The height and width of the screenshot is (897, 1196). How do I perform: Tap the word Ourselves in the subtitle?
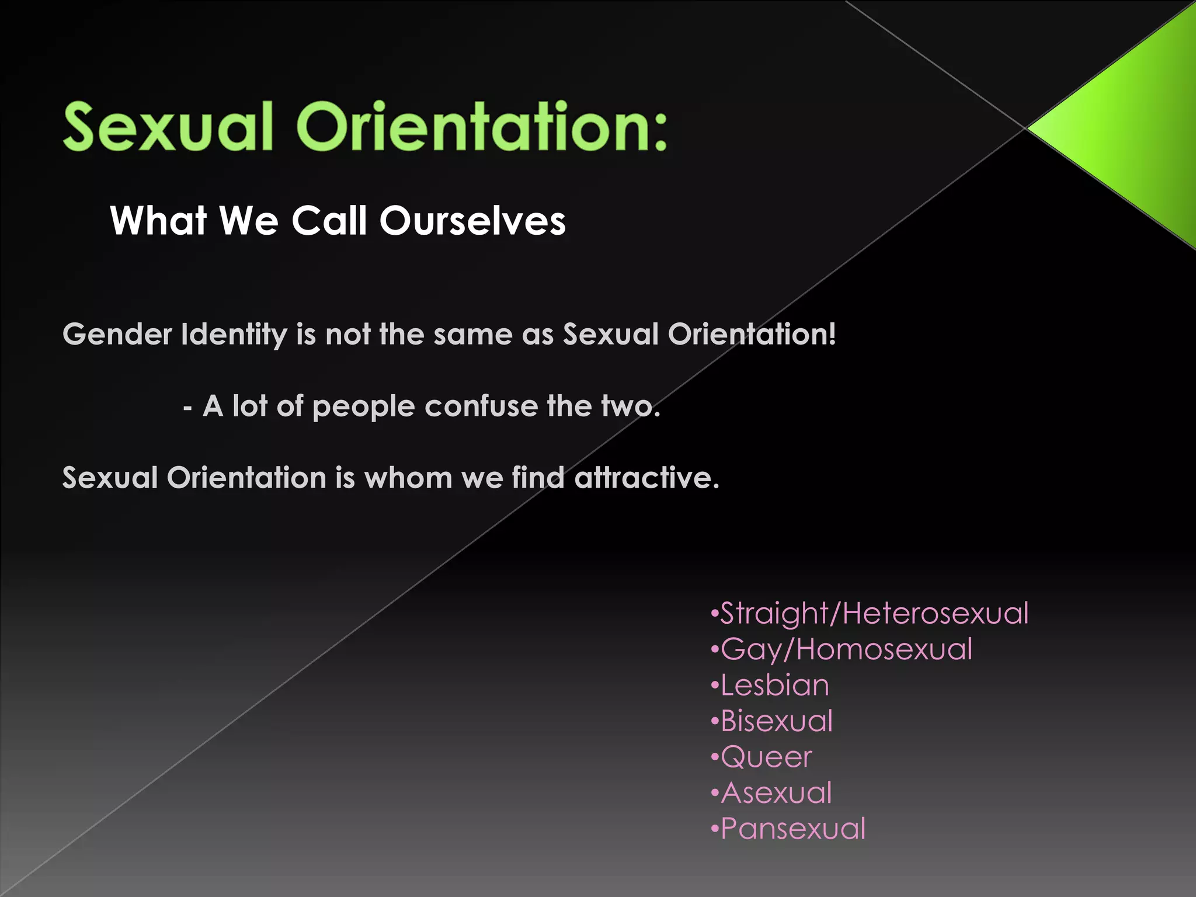tap(472, 221)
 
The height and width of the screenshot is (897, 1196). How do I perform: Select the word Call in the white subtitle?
tap(329, 221)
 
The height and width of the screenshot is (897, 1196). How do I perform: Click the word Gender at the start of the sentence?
tap(117, 335)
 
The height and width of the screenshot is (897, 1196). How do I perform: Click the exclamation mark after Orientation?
tap(832, 334)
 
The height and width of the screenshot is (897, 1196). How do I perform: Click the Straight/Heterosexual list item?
tap(874, 614)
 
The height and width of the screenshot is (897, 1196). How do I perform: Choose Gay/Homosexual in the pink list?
tap(846, 650)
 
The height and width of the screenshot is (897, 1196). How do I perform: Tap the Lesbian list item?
tap(774, 685)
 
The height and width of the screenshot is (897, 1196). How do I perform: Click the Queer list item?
tap(766, 757)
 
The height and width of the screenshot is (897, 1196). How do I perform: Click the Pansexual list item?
tap(792, 829)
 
